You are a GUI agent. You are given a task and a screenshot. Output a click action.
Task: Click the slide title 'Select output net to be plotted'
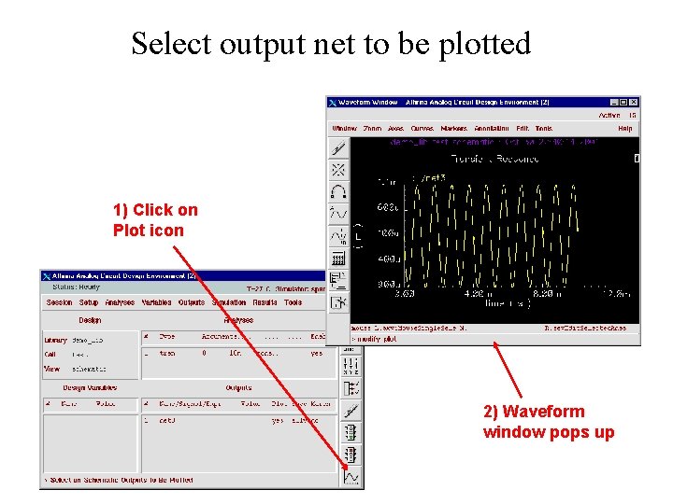(x=331, y=44)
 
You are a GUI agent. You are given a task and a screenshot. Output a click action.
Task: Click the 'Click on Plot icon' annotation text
(x=155, y=220)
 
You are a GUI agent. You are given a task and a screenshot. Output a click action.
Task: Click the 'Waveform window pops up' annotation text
(x=548, y=422)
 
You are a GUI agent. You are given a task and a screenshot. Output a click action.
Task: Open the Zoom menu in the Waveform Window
(x=372, y=128)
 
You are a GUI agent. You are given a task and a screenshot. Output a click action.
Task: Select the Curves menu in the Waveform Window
(x=422, y=128)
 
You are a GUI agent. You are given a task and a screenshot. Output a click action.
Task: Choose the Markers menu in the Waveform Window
(x=454, y=128)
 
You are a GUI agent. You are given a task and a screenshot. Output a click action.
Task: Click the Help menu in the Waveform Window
(x=625, y=128)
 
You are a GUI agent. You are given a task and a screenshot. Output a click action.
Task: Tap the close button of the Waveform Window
(x=635, y=102)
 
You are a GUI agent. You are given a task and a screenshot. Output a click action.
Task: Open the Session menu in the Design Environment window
(x=59, y=302)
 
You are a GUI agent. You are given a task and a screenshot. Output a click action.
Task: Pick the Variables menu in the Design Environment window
(x=156, y=302)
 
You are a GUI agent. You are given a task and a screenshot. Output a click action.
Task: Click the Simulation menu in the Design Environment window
(x=228, y=302)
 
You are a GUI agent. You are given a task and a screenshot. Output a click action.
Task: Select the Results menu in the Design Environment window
(x=265, y=302)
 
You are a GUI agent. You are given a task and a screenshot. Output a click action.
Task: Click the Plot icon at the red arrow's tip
(x=351, y=478)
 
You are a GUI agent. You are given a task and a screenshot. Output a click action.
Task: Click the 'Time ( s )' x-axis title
(x=508, y=303)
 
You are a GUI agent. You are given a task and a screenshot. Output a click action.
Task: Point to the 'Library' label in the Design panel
(x=55, y=341)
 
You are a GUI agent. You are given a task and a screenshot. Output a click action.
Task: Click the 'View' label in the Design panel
(x=52, y=369)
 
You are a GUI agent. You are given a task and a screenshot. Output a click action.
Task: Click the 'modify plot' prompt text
(x=378, y=339)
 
